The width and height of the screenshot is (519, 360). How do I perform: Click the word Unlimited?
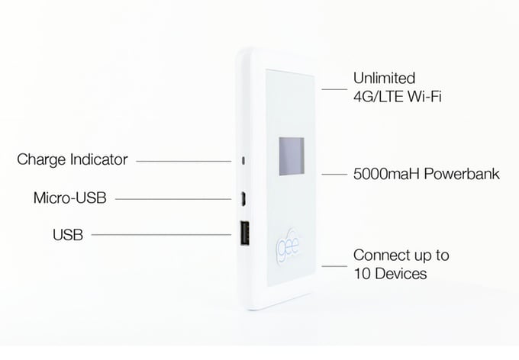384,78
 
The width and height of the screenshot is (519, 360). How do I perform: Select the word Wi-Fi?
424,97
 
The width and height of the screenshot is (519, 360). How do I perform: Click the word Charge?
40,160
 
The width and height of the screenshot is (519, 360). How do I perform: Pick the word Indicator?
98,159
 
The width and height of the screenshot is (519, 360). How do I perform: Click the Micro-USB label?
70,198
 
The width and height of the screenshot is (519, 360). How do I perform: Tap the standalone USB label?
68,235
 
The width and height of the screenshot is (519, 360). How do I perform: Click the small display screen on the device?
292,156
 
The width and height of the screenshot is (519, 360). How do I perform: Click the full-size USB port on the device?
244,233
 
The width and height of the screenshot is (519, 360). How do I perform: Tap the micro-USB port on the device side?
243,199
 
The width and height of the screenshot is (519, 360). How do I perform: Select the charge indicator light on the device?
243,161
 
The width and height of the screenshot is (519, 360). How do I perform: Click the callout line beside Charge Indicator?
184,162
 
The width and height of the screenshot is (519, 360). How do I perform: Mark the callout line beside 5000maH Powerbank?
334,175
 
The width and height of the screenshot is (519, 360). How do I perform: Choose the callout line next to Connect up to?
334,266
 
